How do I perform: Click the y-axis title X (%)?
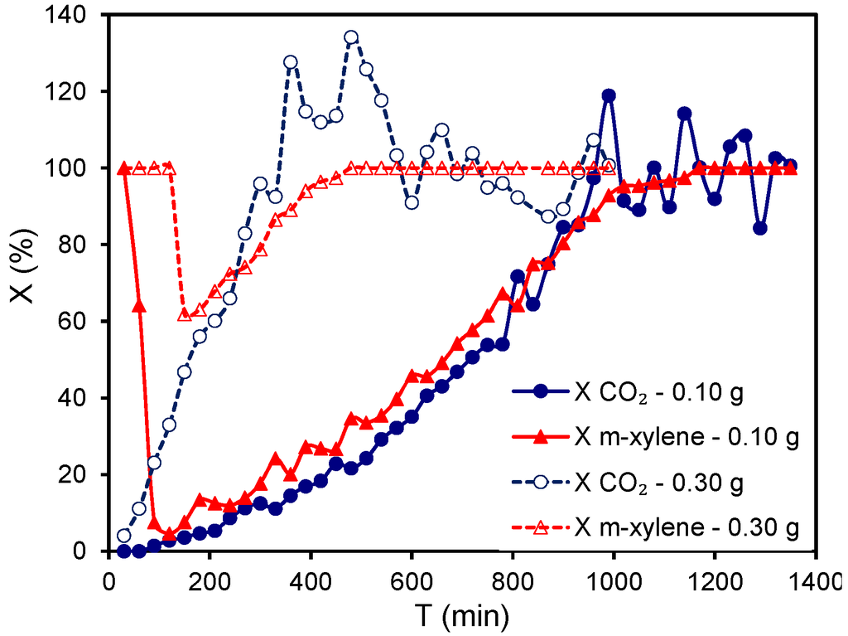click(x=25, y=283)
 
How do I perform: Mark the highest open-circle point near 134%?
click(x=351, y=37)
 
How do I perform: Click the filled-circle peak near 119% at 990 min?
click(x=609, y=95)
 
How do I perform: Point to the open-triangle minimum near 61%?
click(x=185, y=315)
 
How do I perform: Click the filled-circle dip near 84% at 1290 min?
click(x=759, y=228)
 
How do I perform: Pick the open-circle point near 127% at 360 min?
click(x=291, y=62)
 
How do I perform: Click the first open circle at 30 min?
click(x=124, y=536)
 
